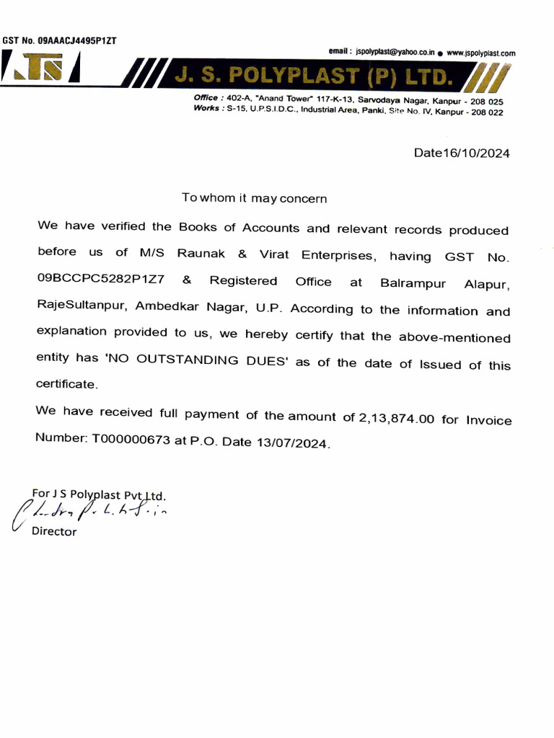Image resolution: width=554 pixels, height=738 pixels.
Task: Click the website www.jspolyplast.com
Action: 480,53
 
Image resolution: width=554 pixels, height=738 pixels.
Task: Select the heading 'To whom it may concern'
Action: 254,197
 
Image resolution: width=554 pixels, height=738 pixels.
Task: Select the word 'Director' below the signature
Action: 54,532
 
